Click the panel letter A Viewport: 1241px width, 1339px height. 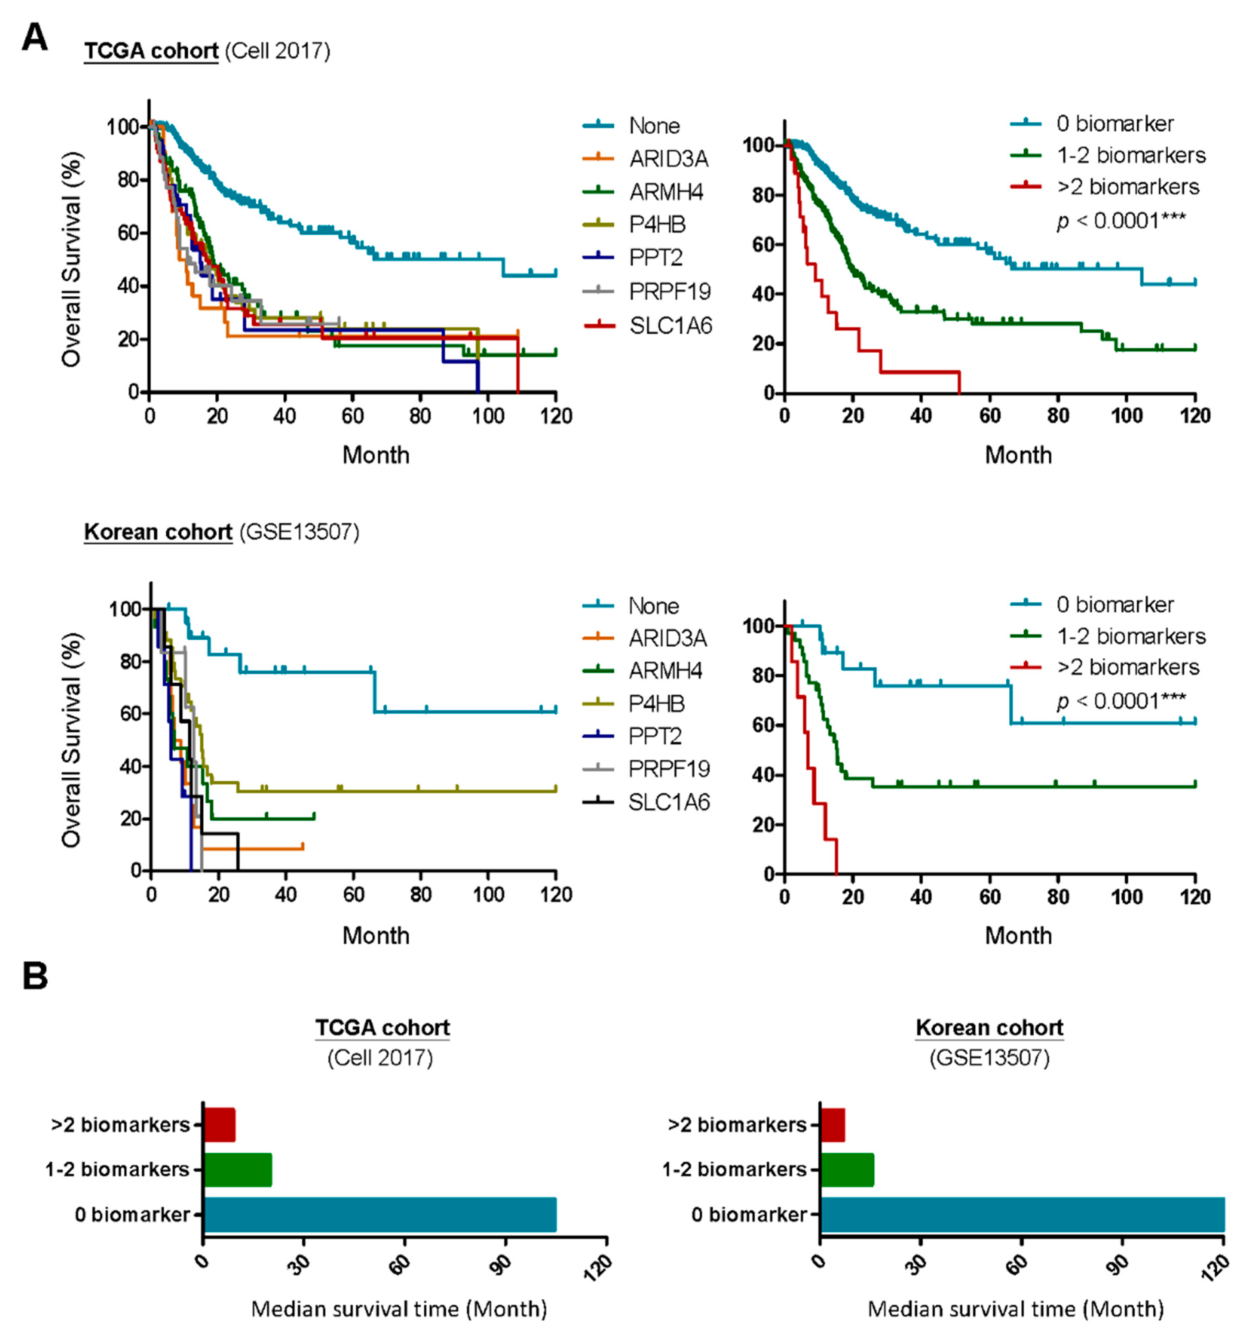[x=35, y=38]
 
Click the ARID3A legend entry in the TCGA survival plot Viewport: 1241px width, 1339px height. [x=668, y=158]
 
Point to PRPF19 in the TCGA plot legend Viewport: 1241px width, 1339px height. [x=670, y=291]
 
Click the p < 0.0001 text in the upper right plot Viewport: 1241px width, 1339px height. [x=1121, y=220]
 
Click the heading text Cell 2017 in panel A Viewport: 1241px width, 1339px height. [x=277, y=51]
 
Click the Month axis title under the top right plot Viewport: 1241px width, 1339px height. [x=1018, y=455]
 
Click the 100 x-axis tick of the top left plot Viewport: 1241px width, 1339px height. [x=488, y=416]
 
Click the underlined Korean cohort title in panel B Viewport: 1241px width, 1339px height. [x=989, y=1028]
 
